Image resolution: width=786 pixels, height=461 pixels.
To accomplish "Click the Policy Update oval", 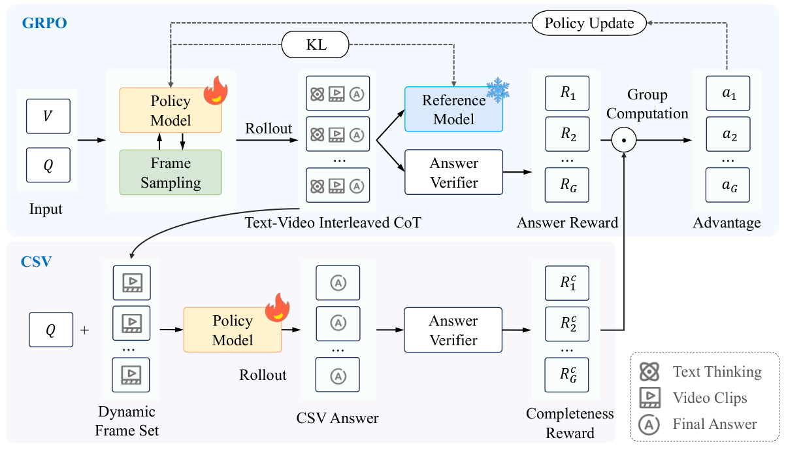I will (x=589, y=24).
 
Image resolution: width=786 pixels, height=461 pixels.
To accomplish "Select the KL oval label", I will (x=316, y=46).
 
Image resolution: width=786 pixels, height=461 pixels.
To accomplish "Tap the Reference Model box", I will (x=453, y=110).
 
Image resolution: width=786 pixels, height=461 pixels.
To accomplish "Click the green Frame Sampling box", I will (x=171, y=173).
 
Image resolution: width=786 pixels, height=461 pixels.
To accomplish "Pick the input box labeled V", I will (x=48, y=116).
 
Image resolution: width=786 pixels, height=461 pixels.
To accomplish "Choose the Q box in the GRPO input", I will (x=48, y=165).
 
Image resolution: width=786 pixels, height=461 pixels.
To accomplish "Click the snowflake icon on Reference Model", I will (x=500, y=90).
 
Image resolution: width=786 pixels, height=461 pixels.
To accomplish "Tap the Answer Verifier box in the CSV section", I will (x=453, y=330).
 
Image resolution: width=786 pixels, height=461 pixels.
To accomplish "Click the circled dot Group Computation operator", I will (x=623, y=141).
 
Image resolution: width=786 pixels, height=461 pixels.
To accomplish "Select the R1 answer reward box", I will (x=568, y=93).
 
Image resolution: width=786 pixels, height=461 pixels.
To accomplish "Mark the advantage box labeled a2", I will (x=727, y=136).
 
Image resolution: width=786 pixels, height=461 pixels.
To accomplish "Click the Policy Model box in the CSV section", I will (x=233, y=330).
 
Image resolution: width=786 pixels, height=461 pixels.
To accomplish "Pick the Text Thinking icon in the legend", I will (x=648, y=372).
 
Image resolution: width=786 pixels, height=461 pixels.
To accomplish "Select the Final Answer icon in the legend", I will (x=648, y=424).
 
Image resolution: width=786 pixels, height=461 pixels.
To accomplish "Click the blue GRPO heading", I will (x=44, y=24).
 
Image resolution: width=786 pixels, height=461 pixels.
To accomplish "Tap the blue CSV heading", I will (x=36, y=262).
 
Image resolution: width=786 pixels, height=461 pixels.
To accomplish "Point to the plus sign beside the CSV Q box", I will (x=84, y=330).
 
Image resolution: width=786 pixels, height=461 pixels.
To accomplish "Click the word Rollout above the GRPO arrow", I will (x=269, y=128).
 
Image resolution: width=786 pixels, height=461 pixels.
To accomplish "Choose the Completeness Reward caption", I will (x=570, y=423).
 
